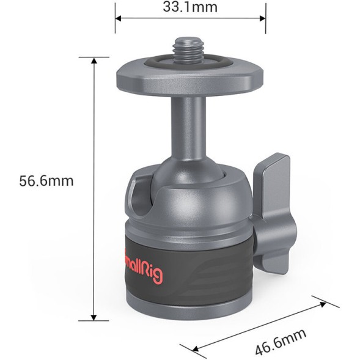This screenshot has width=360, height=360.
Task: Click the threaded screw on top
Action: pyautogui.click(x=189, y=48)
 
